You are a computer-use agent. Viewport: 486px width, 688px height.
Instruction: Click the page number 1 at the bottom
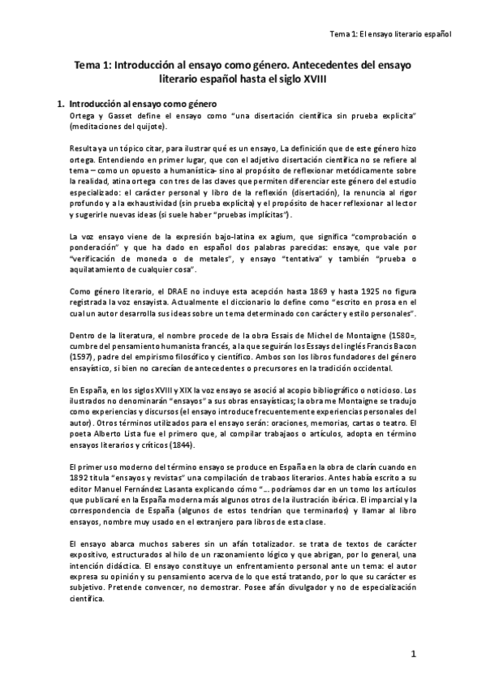click(413, 654)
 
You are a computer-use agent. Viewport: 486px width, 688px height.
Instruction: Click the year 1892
click(81, 479)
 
